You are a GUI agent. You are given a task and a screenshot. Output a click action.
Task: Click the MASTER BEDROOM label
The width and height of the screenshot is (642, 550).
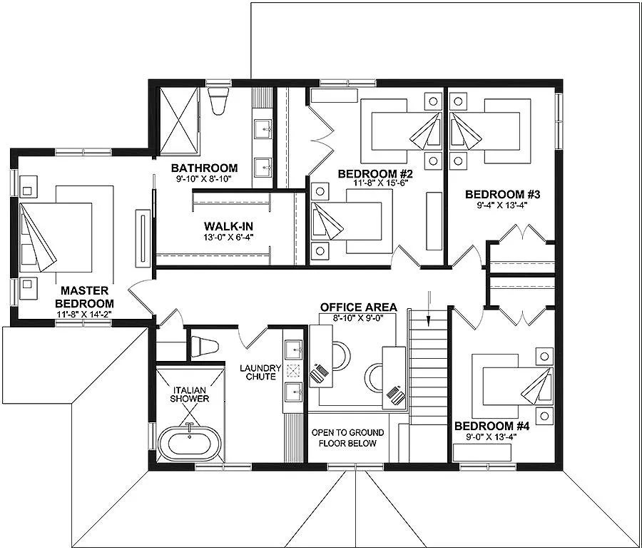[84, 297]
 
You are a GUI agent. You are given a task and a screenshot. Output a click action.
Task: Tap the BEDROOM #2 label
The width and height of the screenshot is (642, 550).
[372, 173]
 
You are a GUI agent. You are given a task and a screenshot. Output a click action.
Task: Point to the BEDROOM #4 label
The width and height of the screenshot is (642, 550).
[491, 427]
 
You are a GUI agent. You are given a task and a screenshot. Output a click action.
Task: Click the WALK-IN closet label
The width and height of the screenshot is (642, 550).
[228, 226]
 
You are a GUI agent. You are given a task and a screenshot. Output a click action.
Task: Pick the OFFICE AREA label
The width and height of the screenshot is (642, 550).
[358, 307]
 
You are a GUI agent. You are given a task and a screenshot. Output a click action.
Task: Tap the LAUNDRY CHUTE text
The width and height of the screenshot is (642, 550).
[260, 372]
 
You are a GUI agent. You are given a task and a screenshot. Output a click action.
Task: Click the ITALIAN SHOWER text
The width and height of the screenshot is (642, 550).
[190, 394]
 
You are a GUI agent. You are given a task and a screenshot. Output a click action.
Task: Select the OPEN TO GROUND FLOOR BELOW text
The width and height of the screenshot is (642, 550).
[347, 438]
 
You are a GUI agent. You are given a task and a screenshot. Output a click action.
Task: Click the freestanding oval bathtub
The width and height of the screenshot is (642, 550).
[190, 443]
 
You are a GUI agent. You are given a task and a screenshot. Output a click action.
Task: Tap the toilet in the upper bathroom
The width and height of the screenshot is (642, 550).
[217, 100]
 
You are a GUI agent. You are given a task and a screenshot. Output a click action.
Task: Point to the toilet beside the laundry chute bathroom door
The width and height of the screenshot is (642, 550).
[204, 346]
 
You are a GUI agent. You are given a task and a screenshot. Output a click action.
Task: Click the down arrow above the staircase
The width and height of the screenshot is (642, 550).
[429, 309]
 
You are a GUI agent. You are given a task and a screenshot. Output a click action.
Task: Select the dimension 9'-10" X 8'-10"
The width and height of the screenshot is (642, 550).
[204, 178]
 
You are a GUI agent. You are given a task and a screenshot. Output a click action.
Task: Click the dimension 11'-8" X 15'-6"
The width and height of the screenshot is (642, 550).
[372, 183]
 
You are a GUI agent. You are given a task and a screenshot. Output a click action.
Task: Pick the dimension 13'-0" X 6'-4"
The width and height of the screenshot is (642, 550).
[228, 236]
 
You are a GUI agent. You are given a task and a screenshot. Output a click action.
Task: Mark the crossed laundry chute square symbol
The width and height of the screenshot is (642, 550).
[293, 371]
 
